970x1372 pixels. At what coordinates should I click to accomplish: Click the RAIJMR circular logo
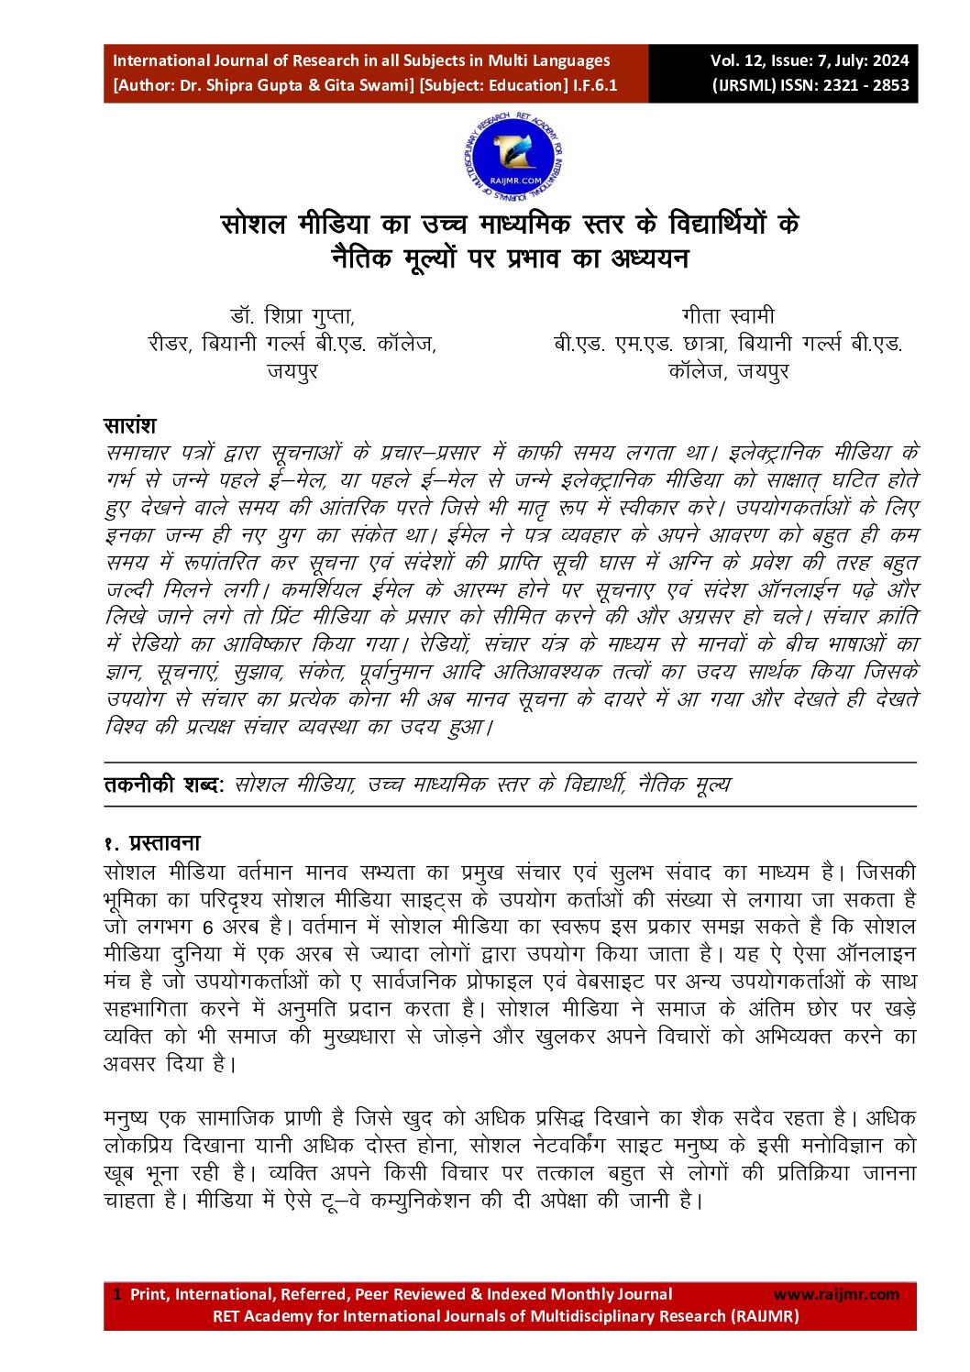click(513, 157)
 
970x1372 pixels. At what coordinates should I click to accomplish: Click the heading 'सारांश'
click(129, 426)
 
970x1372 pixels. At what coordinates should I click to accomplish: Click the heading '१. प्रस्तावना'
click(151, 843)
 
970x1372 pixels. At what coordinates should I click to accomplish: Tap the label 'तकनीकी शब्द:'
click(163, 785)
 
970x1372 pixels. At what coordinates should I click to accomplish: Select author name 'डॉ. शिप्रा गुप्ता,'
click(292, 316)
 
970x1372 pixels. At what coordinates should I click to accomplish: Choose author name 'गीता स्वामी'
click(729, 316)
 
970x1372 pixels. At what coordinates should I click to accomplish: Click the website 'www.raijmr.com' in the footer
click(836, 1294)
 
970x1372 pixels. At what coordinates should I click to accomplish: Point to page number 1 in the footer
click(116, 1294)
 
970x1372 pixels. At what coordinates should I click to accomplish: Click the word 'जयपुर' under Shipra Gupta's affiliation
click(292, 371)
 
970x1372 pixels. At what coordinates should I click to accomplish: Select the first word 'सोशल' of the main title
click(257, 225)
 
